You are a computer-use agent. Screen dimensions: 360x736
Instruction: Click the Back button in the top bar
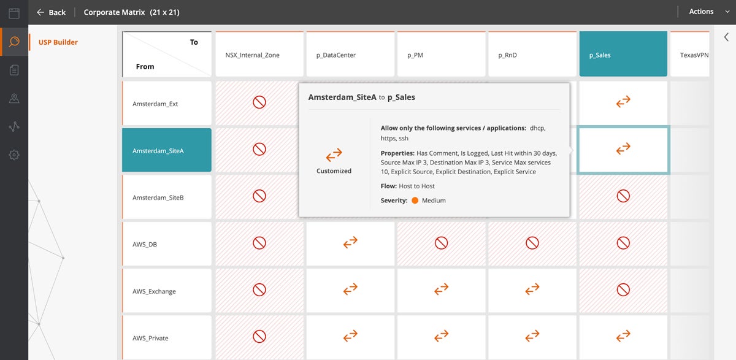coord(51,12)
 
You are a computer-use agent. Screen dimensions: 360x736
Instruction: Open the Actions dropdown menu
coord(705,12)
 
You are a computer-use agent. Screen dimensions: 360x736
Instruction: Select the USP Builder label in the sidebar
coord(58,42)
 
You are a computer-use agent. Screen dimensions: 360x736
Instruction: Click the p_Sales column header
coord(623,55)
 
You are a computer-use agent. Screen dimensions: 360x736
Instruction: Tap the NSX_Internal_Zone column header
coord(259,55)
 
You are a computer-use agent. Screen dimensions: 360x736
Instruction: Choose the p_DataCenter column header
coord(350,55)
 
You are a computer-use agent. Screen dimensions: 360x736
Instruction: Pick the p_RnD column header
coord(532,55)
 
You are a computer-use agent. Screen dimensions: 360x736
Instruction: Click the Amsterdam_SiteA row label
coord(167,150)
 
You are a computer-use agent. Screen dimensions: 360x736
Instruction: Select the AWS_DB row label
coord(167,244)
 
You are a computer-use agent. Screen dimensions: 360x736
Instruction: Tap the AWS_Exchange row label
coord(167,291)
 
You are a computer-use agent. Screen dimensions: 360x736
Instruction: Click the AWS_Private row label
coord(167,337)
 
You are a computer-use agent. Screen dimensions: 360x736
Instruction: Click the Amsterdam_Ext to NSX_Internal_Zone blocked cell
coord(259,102)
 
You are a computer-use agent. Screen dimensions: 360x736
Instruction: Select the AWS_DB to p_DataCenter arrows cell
coord(350,243)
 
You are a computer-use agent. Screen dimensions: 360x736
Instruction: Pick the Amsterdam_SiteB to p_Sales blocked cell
coord(623,196)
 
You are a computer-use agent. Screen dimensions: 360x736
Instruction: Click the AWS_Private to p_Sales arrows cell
coord(623,336)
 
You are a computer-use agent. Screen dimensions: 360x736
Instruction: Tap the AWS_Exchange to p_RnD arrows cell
coord(532,289)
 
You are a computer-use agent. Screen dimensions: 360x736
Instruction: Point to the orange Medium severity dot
coord(415,201)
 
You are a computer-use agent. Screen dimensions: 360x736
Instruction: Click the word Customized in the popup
coord(334,171)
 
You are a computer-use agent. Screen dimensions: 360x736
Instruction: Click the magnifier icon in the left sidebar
coord(14,42)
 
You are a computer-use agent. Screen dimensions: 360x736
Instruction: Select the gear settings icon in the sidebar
coord(14,155)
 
